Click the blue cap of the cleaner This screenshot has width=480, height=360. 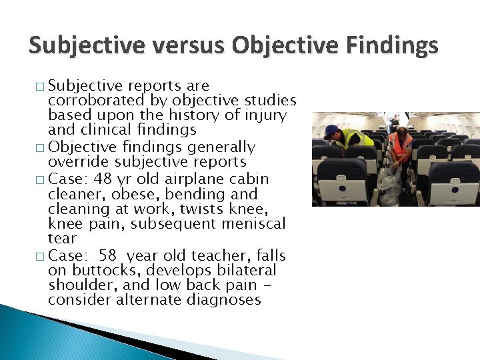coord(331,130)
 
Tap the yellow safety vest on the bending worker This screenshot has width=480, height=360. coord(355,139)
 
